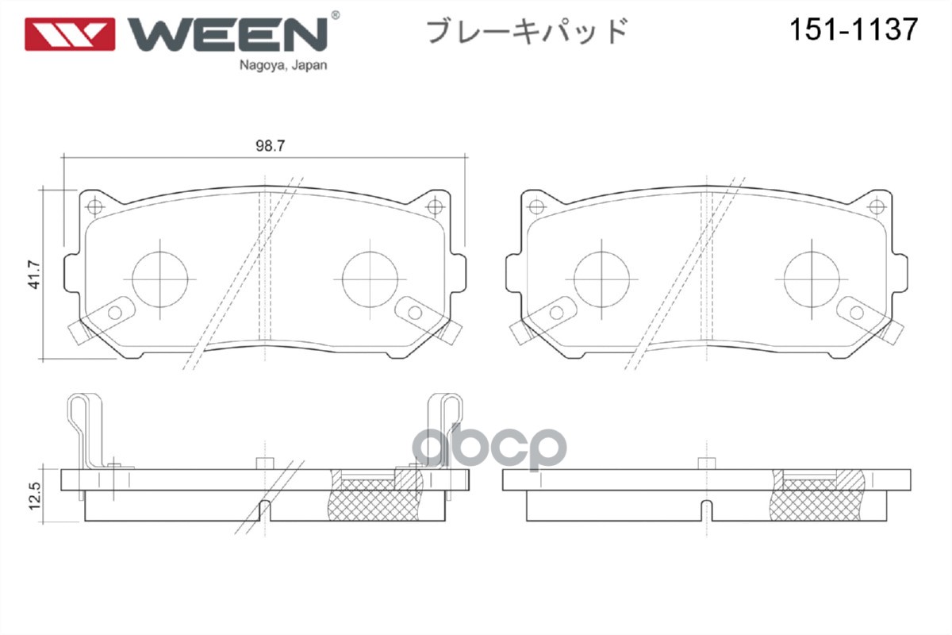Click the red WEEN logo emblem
point(71,34)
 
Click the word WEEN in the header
point(228,33)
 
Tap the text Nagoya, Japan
point(283,67)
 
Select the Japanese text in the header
point(527,31)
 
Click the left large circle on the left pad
point(160,279)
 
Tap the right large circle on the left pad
point(370,279)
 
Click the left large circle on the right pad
point(601,279)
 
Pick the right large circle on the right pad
point(812,279)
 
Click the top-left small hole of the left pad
point(95,208)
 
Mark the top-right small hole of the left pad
point(434,208)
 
